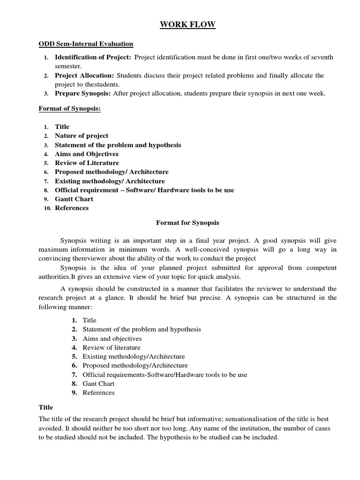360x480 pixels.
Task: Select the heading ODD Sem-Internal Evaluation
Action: tap(86, 44)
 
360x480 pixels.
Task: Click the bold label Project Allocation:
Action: tap(84, 75)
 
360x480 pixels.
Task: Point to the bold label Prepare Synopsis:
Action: tap(82, 93)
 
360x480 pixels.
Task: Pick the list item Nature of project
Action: tap(82, 136)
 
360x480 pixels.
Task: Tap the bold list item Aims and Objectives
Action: tap(87, 154)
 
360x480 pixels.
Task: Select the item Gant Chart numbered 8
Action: tap(98, 384)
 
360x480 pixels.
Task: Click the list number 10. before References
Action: tap(47, 208)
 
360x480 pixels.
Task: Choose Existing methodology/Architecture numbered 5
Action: tap(134, 357)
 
